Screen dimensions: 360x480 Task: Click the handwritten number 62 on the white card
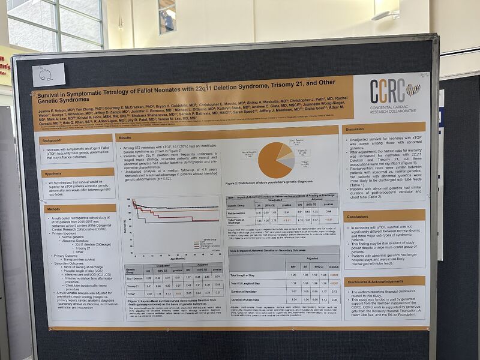coord(47,75)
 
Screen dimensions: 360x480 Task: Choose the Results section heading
coord(126,138)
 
